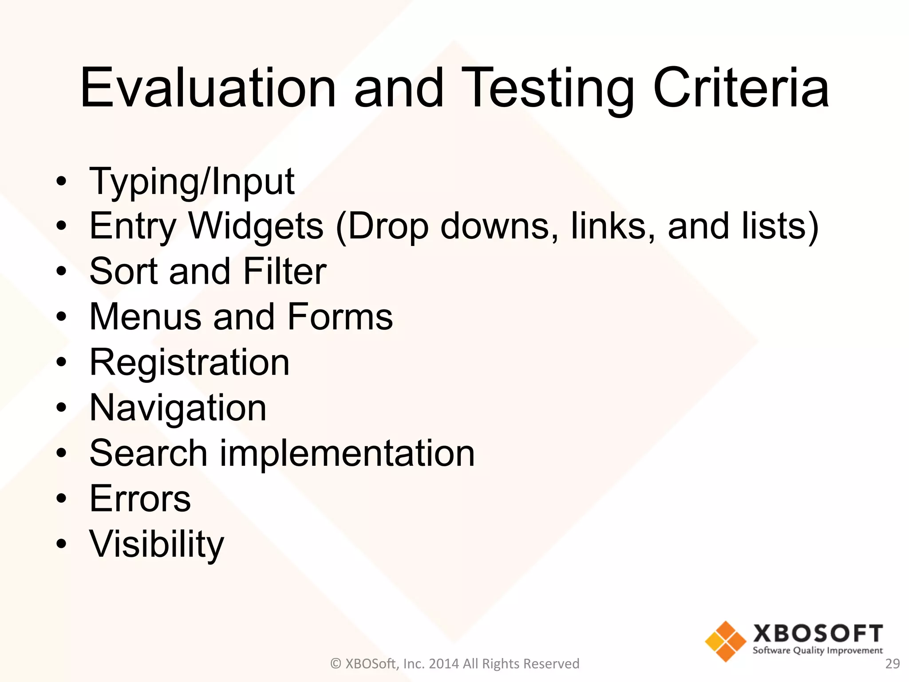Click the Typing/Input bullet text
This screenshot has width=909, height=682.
click(192, 182)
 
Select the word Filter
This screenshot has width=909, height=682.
click(285, 271)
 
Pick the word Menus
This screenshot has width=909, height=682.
click(146, 317)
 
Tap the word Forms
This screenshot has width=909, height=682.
click(340, 317)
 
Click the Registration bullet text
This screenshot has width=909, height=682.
click(190, 363)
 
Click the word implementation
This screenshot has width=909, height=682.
click(347, 453)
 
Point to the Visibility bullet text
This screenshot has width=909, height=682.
click(157, 545)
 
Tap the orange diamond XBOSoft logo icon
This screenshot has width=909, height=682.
click(725, 641)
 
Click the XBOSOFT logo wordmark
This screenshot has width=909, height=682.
click(818, 634)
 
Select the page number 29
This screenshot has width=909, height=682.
click(892, 664)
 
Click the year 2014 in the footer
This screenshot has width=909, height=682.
click(444, 664)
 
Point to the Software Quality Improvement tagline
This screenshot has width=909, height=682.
click(818, 651)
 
